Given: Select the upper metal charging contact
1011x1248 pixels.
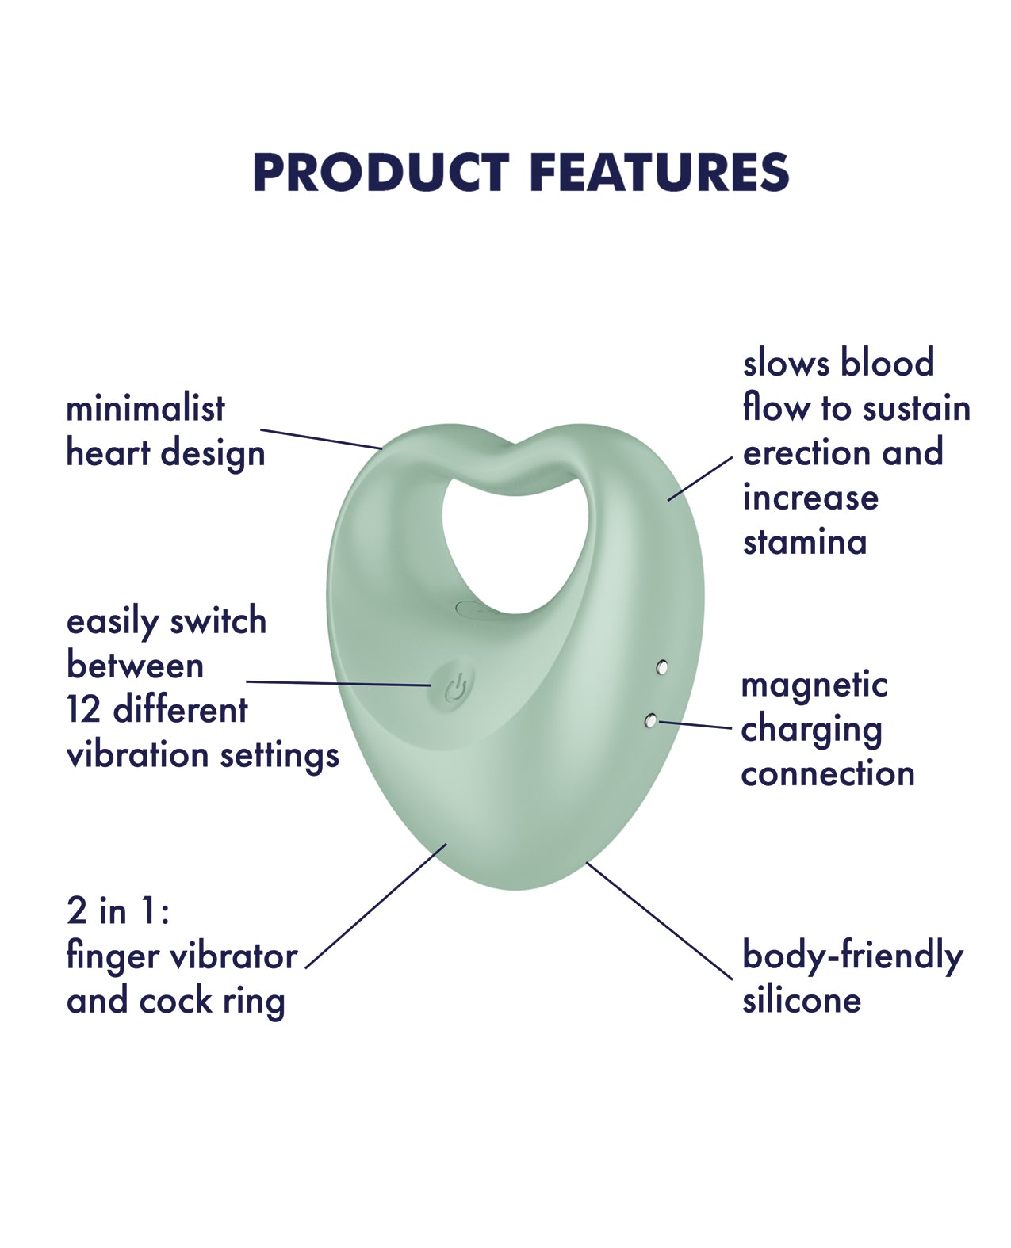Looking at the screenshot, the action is (x=661, y=666).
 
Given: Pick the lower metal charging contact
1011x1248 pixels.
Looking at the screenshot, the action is (x=650, y=721).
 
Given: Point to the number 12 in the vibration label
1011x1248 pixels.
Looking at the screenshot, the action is (x=84, y=709).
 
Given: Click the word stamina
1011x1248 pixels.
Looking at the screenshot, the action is (x=805, y=541).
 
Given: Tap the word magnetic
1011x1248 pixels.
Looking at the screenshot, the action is (x=814, y=686).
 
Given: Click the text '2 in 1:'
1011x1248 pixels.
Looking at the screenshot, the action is (x=118, y=910).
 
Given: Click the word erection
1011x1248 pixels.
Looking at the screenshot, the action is (x=806, y=453).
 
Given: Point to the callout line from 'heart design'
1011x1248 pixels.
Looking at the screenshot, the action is (x=321, y=439).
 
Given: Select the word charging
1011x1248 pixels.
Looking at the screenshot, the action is (x=811, y=731).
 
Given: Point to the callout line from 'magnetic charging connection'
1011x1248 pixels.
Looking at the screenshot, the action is (x=695, y=725).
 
